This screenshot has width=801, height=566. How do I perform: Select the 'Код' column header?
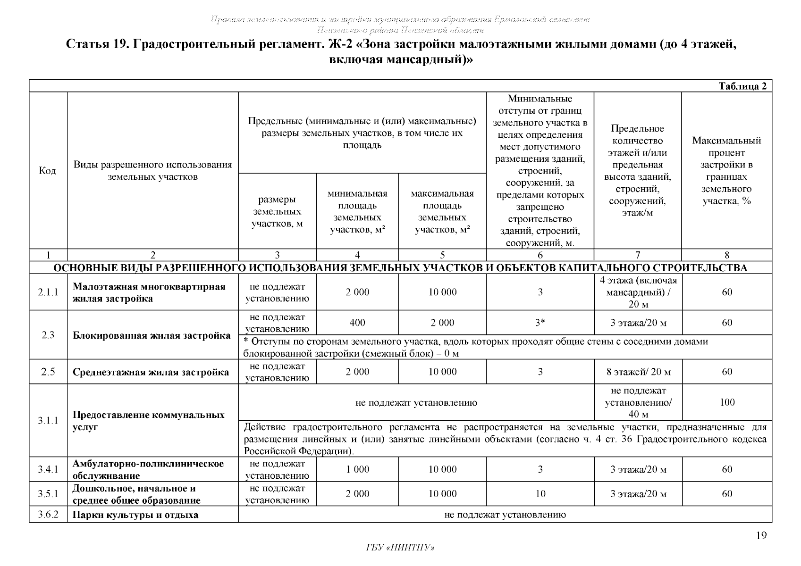click(48, 170)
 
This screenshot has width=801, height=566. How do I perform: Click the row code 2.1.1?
click(48, 292)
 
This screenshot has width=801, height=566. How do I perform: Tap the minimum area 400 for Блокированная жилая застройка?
click(357, 323)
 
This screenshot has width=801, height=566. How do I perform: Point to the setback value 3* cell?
click(540, 323)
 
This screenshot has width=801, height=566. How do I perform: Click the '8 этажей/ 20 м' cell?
click(638, 372)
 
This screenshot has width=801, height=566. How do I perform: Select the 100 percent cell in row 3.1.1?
click(727, 402)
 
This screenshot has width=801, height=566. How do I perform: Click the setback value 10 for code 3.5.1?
click(540, 494)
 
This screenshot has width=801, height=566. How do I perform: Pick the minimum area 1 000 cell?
click(357, 469)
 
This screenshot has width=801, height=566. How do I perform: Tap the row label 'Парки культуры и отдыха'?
click(135, 515)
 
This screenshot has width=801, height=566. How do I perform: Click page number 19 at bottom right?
click(761, 535)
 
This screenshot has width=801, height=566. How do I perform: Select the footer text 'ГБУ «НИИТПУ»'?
click(400, 548)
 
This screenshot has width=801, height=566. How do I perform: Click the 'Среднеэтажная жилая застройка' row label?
click(151, 372)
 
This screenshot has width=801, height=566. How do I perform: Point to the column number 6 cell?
click(540, 255)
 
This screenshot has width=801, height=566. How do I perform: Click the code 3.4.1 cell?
click(48, 469)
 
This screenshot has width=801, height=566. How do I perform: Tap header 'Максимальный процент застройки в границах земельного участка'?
click(726, 171)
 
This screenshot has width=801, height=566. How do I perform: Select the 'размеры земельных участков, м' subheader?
click(277, 212)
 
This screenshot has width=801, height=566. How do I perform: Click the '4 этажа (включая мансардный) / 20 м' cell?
click(638, 292)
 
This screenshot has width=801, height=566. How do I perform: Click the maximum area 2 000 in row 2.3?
click(442, 323)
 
